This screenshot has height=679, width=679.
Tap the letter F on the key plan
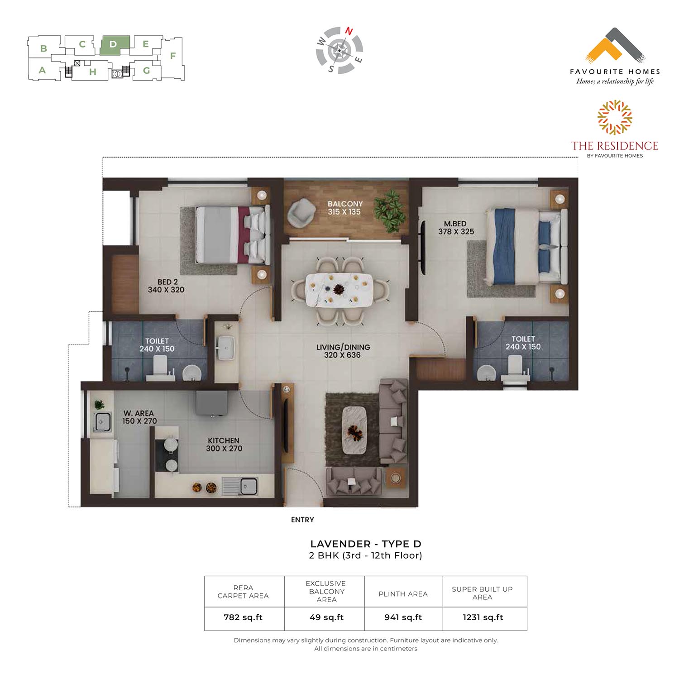coord(172,56)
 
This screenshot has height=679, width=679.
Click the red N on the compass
coord(349,31)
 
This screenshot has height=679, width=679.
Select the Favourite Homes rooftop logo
coord(615,45)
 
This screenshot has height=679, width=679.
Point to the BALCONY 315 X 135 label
coord(345,208)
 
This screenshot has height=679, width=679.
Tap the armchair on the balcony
coord(301,213)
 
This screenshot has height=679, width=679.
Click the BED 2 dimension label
coord(166,286)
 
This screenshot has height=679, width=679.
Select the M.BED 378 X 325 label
coord(456,228)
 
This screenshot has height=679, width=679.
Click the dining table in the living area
coord(339,290)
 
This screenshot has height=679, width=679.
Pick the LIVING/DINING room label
coord(343,351)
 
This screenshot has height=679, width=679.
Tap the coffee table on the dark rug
coord(354,430)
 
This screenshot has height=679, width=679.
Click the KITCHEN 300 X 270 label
coord(224,445)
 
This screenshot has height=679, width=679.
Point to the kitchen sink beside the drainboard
coord(248,487)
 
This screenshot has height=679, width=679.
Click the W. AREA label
coord(139,417)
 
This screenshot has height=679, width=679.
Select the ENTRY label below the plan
coord(302,520)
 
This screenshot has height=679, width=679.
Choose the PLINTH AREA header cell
coord(403,594)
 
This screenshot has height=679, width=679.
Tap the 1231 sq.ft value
coord(483,617)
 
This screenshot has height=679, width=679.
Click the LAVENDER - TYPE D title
coord(366,544)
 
